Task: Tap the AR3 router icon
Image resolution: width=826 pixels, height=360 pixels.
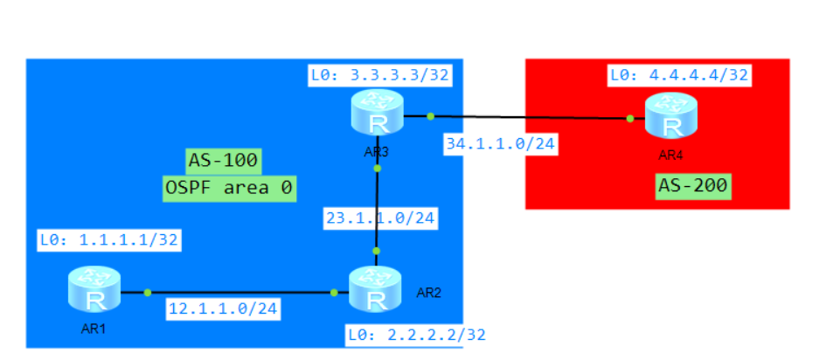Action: pos(377,114)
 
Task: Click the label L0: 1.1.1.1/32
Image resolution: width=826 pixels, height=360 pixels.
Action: pos(108,239)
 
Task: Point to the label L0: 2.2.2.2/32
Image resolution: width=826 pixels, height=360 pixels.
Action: pos(416,334)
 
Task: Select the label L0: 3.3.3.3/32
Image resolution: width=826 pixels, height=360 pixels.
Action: pos(379,75)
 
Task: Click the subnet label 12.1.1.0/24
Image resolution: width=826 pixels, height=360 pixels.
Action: pos(223,308)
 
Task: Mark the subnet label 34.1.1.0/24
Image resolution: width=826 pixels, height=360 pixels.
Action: pos(500,142)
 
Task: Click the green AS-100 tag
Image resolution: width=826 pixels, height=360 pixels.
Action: pos(223,161)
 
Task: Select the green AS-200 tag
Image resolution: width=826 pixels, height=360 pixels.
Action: pos(692,185)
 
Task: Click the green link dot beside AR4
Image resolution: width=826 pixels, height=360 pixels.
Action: pos(628,118)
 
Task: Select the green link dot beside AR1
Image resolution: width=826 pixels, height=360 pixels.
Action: pos(147,292)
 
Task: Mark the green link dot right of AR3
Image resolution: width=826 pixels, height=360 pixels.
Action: pos(431,115)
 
